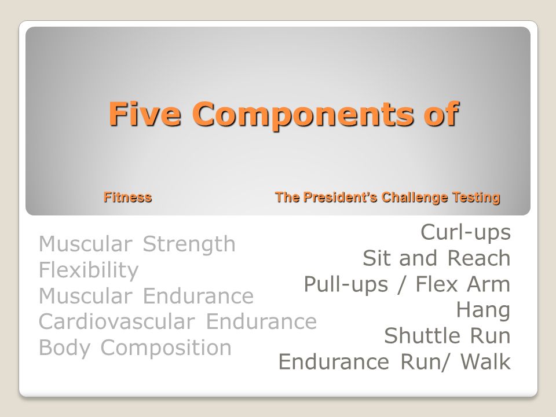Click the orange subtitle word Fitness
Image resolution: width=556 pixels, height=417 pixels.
click(128, 197)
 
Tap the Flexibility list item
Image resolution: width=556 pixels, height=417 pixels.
click(89, 270)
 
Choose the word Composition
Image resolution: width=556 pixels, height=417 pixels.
click(166, 348)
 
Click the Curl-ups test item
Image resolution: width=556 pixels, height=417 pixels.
click(466, 232)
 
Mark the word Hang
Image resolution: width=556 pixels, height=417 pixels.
click(483, 310)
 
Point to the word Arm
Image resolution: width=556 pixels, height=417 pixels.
click(490, 284)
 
